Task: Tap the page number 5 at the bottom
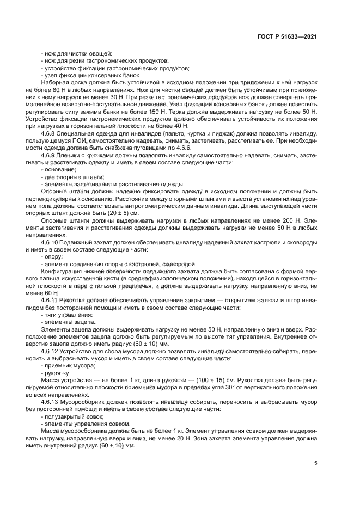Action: click(316, 464)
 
